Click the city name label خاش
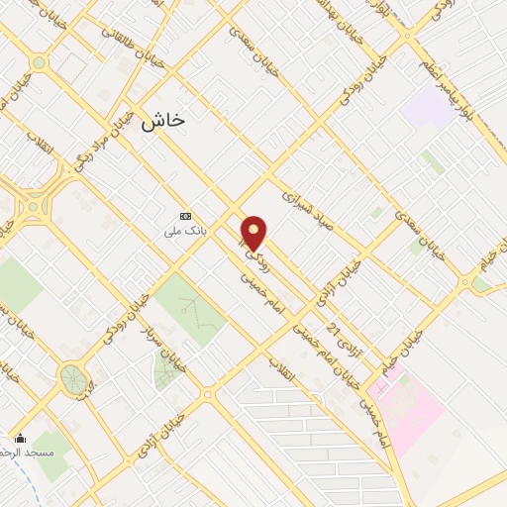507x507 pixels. [163, 121]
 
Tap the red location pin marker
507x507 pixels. [254, 234]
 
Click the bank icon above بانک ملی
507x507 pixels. [185, 216]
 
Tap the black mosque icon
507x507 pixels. [21, 439]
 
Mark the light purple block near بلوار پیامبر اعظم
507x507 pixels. [429, 106]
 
